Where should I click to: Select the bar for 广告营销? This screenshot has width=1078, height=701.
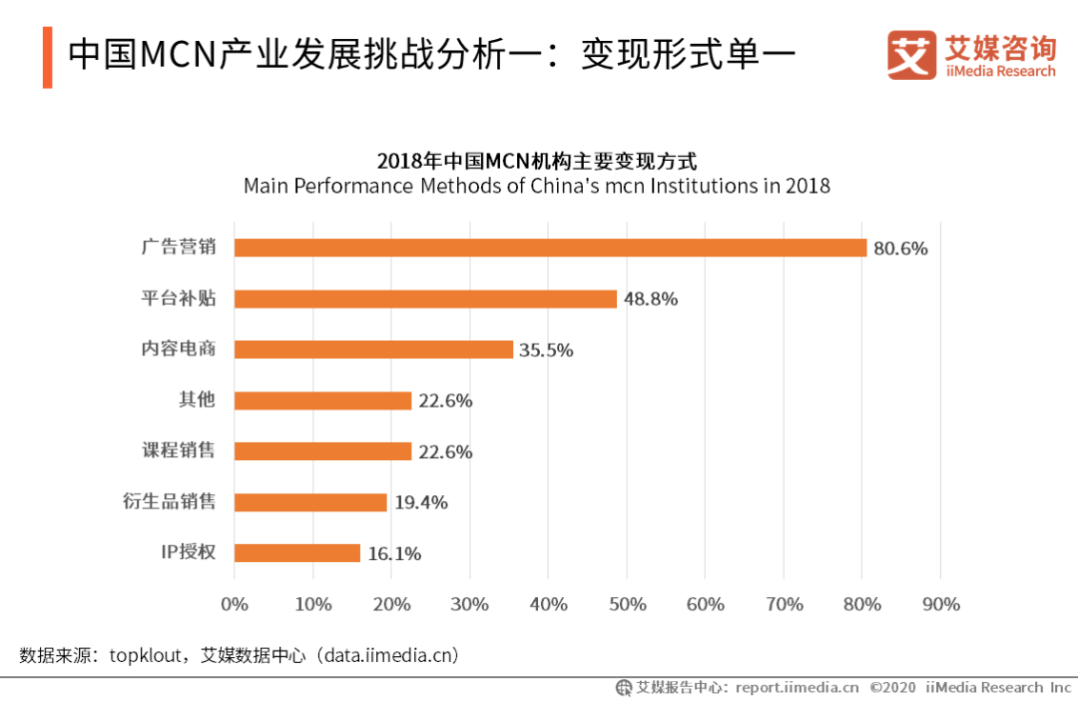[550, 248]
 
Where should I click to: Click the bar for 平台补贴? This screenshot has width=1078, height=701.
[425, 299]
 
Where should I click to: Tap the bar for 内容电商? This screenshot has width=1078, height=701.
[373, 350]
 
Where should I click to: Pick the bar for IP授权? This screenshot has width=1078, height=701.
[296, 553]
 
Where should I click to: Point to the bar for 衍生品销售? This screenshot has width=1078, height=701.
[309, 502]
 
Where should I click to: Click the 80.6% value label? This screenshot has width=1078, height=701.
[900, 249]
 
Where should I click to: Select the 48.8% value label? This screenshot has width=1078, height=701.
[651, 299]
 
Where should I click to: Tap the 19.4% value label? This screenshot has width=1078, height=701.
[420, 502]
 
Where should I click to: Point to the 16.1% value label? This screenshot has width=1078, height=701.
[394, 553]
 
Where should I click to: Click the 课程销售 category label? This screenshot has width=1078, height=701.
[179, 450]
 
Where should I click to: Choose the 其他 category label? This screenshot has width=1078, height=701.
[196, 399]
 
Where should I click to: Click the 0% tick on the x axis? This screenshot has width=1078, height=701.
[234, 604]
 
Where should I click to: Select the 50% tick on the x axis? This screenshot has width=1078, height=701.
[627, 604]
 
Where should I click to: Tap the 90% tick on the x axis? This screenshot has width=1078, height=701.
[941, 604]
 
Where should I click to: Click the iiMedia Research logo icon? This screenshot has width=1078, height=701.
[911, 55]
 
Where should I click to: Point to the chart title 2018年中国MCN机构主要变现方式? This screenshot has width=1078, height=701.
[536, 161]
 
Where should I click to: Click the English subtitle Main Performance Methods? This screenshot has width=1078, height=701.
[536, 186]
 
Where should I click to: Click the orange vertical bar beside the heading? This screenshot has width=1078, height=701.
[47, 58]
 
